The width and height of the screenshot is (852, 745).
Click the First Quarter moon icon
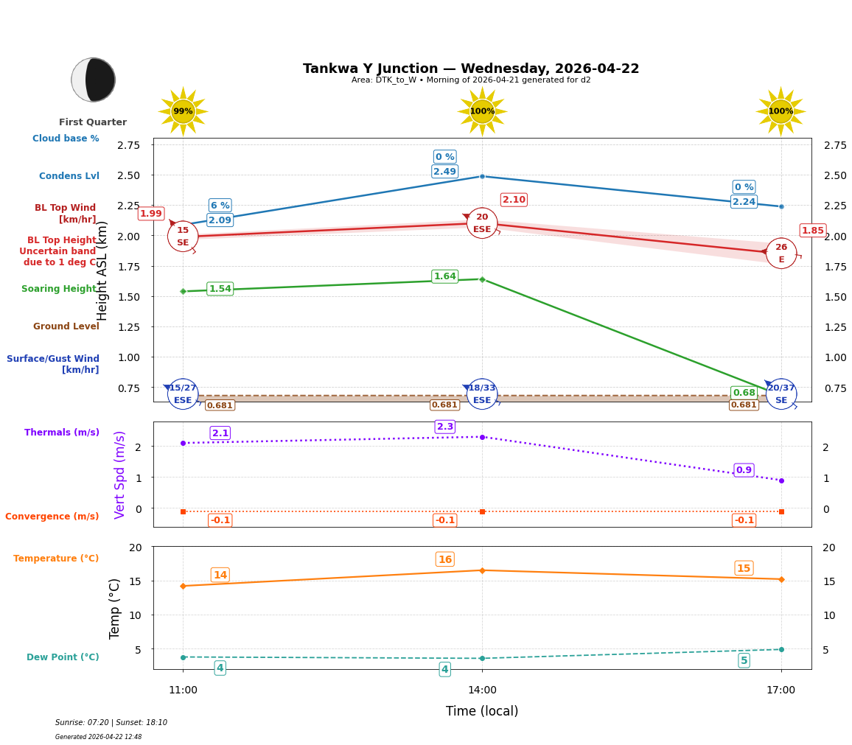(94, 80)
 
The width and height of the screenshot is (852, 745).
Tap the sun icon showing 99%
(183, 111)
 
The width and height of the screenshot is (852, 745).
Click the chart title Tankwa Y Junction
(471, 69)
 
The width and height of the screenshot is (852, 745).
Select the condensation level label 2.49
(444, 172)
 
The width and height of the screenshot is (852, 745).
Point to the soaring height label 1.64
(444, 276)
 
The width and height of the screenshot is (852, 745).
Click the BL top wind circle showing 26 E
(781, 253)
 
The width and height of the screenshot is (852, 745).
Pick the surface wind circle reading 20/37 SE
(781, 394)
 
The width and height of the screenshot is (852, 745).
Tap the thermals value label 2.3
(445, 427)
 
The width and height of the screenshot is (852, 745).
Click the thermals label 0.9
(744, 470)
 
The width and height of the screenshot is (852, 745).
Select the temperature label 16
(444, 559)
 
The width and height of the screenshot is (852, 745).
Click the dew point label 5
(744, 660)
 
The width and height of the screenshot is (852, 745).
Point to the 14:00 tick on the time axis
(482, 690)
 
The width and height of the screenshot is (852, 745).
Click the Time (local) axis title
(482, 711)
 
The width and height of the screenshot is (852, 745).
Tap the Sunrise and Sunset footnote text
(111, 723)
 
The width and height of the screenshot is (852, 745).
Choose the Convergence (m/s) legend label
(52, 517)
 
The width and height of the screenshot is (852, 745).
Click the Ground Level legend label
(66, 326)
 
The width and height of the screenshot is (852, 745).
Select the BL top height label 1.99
(151, 214)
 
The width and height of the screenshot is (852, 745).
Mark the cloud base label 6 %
(220, 206)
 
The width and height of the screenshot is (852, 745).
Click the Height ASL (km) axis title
(102, 270)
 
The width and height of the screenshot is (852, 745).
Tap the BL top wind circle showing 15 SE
(183, 237)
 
